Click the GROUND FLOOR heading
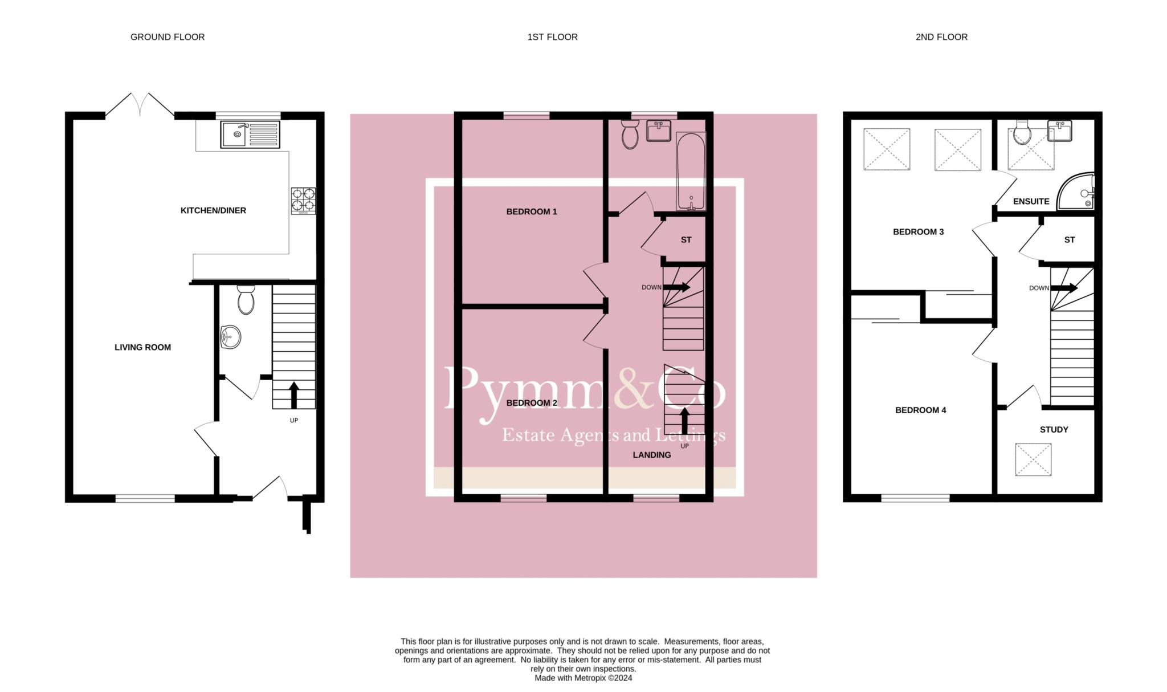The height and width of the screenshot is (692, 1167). click(168, 37)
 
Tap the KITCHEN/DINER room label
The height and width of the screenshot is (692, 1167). click(213, 210)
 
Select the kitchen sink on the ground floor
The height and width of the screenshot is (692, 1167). click(250, 135)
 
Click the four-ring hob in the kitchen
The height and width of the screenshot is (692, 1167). click(303, 201)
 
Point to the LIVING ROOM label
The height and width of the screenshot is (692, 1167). click(142, 347)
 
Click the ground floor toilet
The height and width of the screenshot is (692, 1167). click(246, 300)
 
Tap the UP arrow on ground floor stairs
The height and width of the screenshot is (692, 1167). click(294, 395)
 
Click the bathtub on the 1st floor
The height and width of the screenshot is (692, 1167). click(691, 171)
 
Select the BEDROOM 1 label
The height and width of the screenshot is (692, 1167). click(532, 211)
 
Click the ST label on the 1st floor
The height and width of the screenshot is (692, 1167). click(686, 240)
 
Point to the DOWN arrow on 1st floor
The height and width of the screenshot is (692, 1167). click(676, 287)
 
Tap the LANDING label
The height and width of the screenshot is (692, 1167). click(652, 455)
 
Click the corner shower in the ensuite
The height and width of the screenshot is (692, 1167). click(1076, 192)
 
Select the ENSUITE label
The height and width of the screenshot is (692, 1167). click(1031, 201)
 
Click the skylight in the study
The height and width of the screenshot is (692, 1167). click(1033, 459)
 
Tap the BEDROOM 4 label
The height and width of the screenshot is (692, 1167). click(920, 410)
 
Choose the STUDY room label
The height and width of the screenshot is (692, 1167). click(1054, 430)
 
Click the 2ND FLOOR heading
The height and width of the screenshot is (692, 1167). click(941, 37)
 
